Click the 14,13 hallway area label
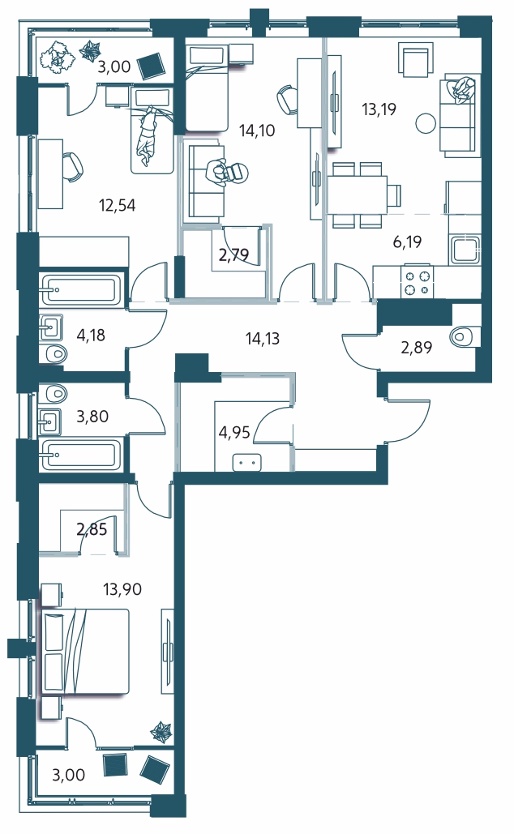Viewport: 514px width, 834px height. pos(263,338)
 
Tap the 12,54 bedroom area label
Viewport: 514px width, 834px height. pos(117,205)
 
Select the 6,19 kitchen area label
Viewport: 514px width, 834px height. pos(407,242)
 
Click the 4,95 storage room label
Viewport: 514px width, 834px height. pos(234,432)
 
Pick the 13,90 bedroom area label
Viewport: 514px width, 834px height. pos(123,589)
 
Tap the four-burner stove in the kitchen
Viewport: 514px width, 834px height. pos(418,282)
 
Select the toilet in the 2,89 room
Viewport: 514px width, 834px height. pos(465,336)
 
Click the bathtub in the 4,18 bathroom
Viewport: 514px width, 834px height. pos(81,289)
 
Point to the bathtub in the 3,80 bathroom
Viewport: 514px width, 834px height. pos(81,455)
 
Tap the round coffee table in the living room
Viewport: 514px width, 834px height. pos(425,123)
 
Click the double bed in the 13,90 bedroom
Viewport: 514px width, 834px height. pos(85,652)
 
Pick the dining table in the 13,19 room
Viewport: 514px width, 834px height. pos(357,195)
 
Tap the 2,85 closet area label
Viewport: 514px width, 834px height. pos(92,529)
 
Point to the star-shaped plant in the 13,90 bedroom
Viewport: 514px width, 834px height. pos(163,733)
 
